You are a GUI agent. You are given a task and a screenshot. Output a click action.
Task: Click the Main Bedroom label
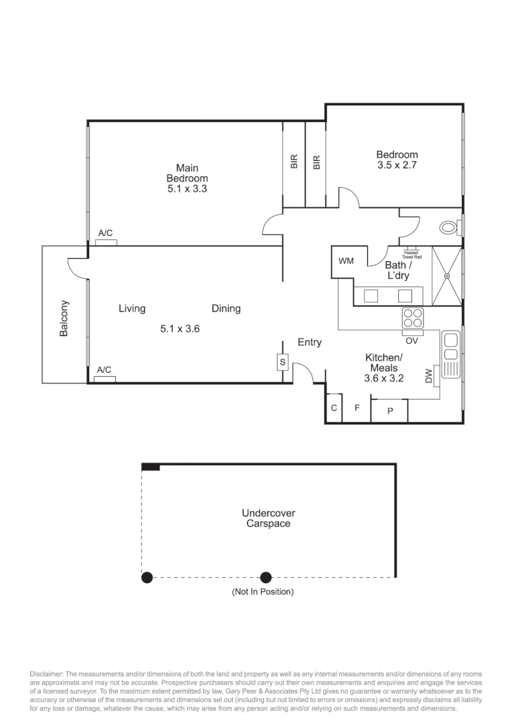[x=187, y=173]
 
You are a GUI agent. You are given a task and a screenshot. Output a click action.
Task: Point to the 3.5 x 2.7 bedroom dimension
[x=397, y=166]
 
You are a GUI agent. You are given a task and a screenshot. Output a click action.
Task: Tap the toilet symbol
[x=448, y=228]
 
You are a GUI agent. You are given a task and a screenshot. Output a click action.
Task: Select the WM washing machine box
[x=346, y=261]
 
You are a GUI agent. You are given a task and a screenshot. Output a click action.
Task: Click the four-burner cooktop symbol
[x=412, y=318]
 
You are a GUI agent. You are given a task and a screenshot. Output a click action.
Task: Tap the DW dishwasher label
[x=429, y=377]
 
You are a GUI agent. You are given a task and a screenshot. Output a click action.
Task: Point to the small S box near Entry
[x=282, y=363]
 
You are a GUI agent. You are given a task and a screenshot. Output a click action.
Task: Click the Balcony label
[x=64, y=318]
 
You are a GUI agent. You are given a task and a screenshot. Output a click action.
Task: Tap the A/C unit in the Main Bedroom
[x=106, y=242]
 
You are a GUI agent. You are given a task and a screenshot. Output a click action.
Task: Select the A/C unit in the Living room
[x=105, y=379]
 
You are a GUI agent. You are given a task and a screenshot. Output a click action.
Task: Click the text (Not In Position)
[x=263, y=592]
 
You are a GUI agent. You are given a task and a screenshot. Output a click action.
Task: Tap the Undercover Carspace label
[x=268, y=518]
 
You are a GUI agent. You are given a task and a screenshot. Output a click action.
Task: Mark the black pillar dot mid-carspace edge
[x=266, y=577]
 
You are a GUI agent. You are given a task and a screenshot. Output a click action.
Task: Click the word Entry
[x=309, y=343]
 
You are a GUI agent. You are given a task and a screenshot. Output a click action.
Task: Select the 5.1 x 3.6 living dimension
[x=180, y=328]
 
